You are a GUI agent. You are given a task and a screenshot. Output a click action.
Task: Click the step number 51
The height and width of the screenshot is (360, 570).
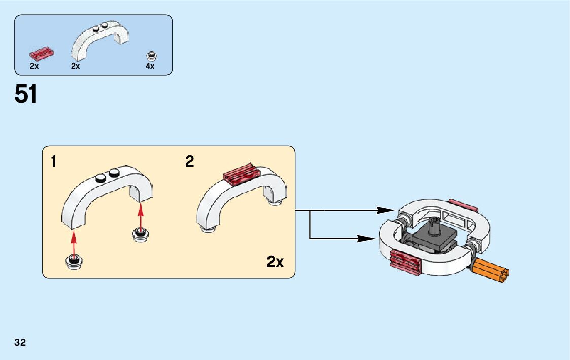pos(26,94)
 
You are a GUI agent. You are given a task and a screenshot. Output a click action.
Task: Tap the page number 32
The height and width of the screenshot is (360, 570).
pos(20,343)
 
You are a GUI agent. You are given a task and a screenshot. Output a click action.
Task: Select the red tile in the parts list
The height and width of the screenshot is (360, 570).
pos(42,52)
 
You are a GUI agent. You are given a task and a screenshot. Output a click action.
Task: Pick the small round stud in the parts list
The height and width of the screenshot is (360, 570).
pos(151,54)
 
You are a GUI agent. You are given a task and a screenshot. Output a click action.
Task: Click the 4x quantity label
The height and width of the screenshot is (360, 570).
pos(150,66)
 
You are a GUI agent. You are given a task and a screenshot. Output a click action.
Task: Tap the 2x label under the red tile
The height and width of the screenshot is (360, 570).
pos(35,66)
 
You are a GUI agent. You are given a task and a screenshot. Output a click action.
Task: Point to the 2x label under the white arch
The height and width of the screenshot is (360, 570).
pos(75,66)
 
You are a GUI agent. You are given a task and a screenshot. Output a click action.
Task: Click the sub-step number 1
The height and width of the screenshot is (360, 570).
pos(54,162)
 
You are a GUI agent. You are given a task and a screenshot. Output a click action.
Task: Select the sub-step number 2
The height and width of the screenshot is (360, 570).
pos(189,161)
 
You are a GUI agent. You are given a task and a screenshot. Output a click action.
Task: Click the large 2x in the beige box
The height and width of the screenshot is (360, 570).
pos(275,262)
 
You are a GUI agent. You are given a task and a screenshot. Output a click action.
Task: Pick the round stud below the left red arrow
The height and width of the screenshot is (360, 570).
pos(74,262)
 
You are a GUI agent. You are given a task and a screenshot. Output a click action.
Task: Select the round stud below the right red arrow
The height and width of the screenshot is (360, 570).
pos(140,234)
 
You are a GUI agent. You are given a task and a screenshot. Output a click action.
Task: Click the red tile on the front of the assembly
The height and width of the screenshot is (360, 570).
pos(406,261)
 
